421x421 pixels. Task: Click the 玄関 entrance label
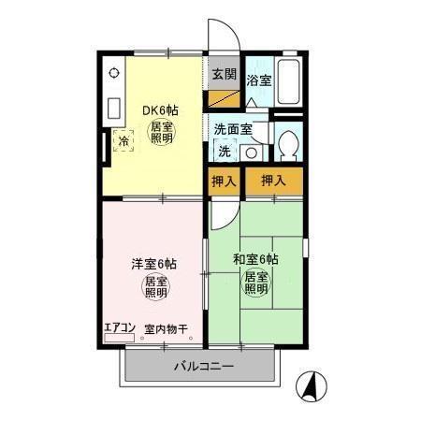222,74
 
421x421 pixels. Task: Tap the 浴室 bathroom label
258,80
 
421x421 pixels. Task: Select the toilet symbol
288,144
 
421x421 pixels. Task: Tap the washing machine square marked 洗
225,151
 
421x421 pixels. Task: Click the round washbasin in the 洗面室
253,153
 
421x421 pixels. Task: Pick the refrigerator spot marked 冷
123,142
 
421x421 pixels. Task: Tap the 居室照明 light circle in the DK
162,132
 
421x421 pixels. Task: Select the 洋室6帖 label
154,264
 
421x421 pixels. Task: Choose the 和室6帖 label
255,259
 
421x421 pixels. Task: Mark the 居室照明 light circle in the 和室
256,283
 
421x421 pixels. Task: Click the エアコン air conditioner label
119,328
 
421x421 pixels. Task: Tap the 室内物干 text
167,329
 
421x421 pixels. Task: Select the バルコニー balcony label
202,366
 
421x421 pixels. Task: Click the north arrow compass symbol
311,385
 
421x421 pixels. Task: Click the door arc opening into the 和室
222,212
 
